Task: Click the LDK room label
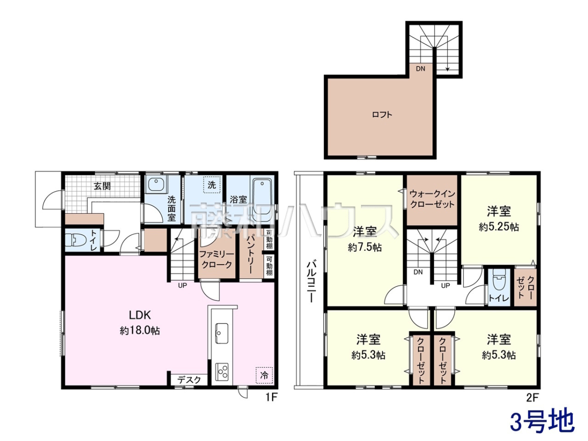(140, 315)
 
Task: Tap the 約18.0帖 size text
(140, 331)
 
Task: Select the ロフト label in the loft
(382, 115)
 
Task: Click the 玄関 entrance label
(102, 186)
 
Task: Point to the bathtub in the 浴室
(262, 197)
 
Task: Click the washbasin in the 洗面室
(156, 185)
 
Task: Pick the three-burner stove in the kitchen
(221, 371)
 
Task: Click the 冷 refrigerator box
(264, 375)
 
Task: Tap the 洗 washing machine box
(212, 185)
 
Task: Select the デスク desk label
(189, 380)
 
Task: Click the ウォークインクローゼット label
(432, 199)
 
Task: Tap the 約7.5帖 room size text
(365, 247)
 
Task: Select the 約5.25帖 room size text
(499, 227)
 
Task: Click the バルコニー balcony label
(311, 282)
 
